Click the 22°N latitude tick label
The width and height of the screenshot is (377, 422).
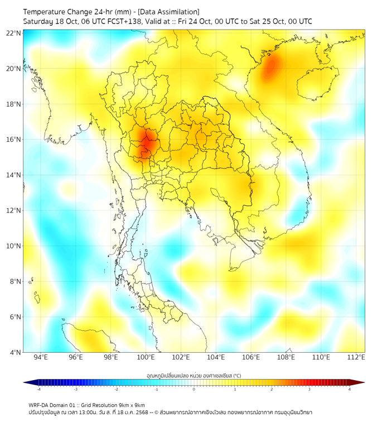pyautogui.click(x=14, y=33)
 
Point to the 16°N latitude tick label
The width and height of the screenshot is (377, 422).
pyautogui.click(x=14, y=140)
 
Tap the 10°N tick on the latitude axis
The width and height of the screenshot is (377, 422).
pyautogui.click(x=14, y=246)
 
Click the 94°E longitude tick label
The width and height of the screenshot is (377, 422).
pyautogui.click(x=41, y=357)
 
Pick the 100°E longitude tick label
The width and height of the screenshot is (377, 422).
pyautogui.click(x=146, y=357)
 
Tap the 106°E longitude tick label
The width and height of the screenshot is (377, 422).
pyautogui.click(x=251, y=357)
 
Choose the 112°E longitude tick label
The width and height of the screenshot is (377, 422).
pyautogui.click(x=356, y=357)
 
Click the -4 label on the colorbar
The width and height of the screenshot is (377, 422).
pyautogui.click(x=38, y=389)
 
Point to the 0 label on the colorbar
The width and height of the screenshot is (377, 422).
pyautogui.click(x=194, y=389)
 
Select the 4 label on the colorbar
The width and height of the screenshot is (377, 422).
pyautogui.click(x=350, y=389)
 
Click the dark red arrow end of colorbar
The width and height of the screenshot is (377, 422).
pyautogui.click(x=361, y=382)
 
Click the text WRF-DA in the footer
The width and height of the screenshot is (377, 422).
pyautogui.click(x=40, y=405)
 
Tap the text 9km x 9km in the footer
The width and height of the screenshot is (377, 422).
pyautogui.click(x=131, y=405)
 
